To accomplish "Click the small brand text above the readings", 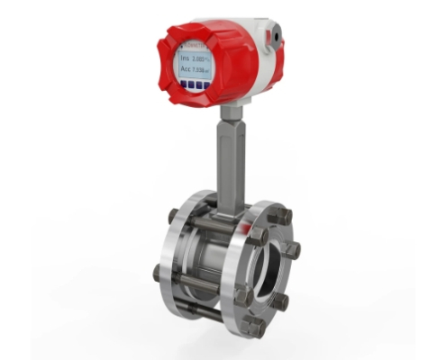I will click(x=194, y=45).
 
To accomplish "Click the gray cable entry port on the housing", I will click(x=272, y=33).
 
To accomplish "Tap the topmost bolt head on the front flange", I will click(x=282, y=216).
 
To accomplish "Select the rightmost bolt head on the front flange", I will click(x=293, y=250).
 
